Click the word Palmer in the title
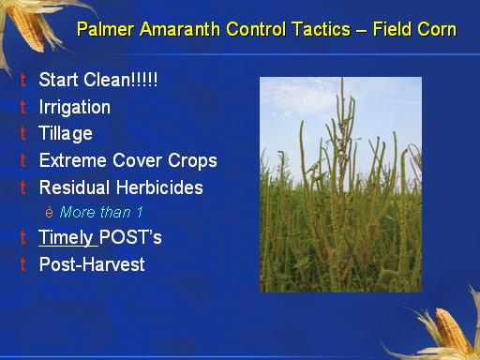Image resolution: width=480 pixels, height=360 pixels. [x=106, y=29]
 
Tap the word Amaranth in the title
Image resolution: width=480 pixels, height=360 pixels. [x=180, y=29]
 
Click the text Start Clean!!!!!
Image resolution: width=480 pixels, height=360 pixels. [x=98, y=80]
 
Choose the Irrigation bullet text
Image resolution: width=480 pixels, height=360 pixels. [x=75, y=107]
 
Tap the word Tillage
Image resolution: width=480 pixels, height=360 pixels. [x=66, y=134]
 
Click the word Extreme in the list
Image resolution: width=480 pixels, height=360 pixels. [x=73, y=160]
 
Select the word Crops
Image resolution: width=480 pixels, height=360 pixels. [x=192, y=161]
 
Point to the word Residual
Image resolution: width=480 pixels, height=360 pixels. [x=74, y=187]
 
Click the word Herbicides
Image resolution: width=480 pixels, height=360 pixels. [x=159, y=187]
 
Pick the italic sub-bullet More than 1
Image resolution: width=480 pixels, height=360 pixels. [x=101, y=212]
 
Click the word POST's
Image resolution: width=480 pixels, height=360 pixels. [x=130, y=237]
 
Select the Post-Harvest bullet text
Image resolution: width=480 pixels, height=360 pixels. [x=92, y=264]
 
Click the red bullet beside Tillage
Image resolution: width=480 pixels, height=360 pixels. [x=22, y=133]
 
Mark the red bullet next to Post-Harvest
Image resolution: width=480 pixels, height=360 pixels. [x=22, y=263]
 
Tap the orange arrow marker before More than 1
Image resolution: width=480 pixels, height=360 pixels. [x=49, y=212]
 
